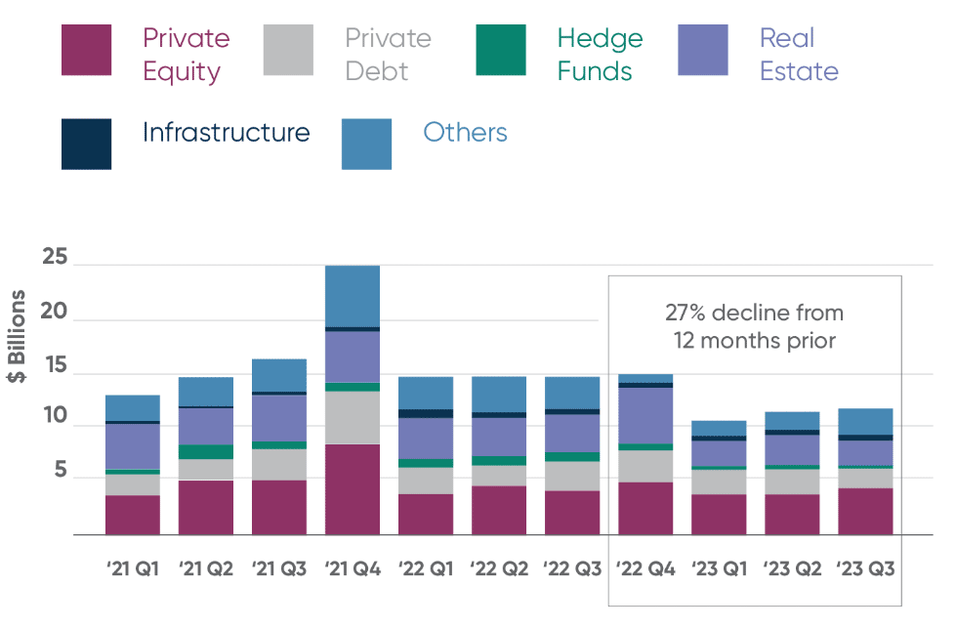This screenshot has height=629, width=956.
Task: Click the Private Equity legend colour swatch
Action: pos(86,50)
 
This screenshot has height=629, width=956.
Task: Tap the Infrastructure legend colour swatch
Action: pos(86,144)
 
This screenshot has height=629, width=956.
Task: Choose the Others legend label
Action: pos(465,133)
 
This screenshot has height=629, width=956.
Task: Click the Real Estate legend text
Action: pos(798,55)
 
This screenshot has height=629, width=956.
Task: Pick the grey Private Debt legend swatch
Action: pos(288,50)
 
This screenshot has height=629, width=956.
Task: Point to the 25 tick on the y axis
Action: pos(54,259)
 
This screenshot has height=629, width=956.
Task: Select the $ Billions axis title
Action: pos(19,336)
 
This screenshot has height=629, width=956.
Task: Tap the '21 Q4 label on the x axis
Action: pos(352,568)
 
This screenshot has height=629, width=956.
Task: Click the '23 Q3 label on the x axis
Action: pos(865,568)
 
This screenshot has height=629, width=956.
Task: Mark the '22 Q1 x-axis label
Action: pos(425,568)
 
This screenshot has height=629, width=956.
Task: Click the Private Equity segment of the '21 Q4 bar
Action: pos(352,489)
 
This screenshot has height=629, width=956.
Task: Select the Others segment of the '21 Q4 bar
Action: pos(352,296)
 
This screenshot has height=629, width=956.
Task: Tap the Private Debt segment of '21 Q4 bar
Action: pos(352,418)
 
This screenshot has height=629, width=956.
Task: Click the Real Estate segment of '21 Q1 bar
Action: pos(133,446)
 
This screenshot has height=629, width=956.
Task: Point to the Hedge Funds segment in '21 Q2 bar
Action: pos(205,452)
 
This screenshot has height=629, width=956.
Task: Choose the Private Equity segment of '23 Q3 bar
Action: pos(865,511)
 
